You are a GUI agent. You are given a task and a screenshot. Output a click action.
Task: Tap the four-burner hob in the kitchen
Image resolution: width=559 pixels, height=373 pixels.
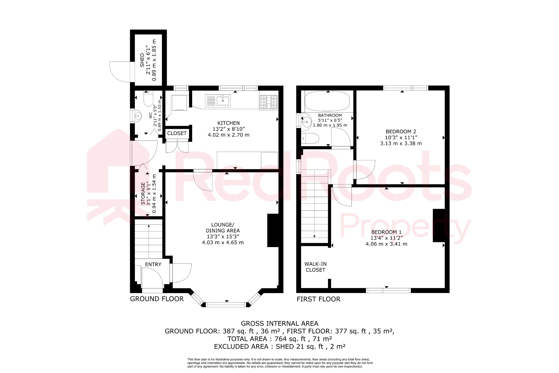pyautogui.click(x=269, y=102)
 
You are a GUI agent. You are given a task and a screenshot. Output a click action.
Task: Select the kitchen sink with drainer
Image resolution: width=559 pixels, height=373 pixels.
pyautogui.click(x=218, y=101)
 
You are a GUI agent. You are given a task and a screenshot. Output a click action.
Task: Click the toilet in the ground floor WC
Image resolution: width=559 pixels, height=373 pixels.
pyautogui.click(x=148, y=99)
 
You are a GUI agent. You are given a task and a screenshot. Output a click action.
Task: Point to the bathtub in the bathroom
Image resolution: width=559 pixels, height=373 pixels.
pyautogui.click(x=327, y=101)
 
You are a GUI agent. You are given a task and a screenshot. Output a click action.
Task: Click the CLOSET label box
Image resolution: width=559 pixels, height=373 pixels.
pyautogui.click(x=177, y=133)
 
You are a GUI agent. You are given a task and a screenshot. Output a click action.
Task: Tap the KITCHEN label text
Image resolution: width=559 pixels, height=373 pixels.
pyautogui.click(x=228, y=123)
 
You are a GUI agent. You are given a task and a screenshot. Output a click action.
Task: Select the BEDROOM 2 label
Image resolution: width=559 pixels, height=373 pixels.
pyautogui.click(x=401, y=131)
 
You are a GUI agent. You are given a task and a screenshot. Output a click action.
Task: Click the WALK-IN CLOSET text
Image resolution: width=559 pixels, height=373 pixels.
pyautogui.click(x=316, y=267)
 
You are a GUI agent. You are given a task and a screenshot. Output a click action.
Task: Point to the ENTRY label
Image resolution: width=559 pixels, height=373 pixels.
pyautogui.click(x=153, y=264)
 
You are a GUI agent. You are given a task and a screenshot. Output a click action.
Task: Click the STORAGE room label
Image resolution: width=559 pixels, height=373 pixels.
pyautogui.click(x=143, y=193)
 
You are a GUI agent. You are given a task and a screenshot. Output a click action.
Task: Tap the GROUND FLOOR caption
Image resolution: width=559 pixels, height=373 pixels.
pyautogui.click(x=157, y=299)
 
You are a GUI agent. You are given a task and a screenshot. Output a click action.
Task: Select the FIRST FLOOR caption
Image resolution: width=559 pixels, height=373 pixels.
pyautogui.click(x=319, y=299)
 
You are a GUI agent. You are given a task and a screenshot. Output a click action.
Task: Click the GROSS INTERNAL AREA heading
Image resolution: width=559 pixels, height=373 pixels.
pyautogui.click(x=279, y=323)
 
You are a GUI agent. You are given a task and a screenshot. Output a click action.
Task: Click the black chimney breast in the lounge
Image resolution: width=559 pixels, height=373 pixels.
pyautogui.click(x=273, y=230)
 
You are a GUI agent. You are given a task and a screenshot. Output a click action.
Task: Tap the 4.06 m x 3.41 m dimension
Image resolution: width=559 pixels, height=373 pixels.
pyautogui.click(x=386, y=244)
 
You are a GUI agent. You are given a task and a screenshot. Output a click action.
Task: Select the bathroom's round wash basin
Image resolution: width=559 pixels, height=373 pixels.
pyautogui.click(x=307, y=121)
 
